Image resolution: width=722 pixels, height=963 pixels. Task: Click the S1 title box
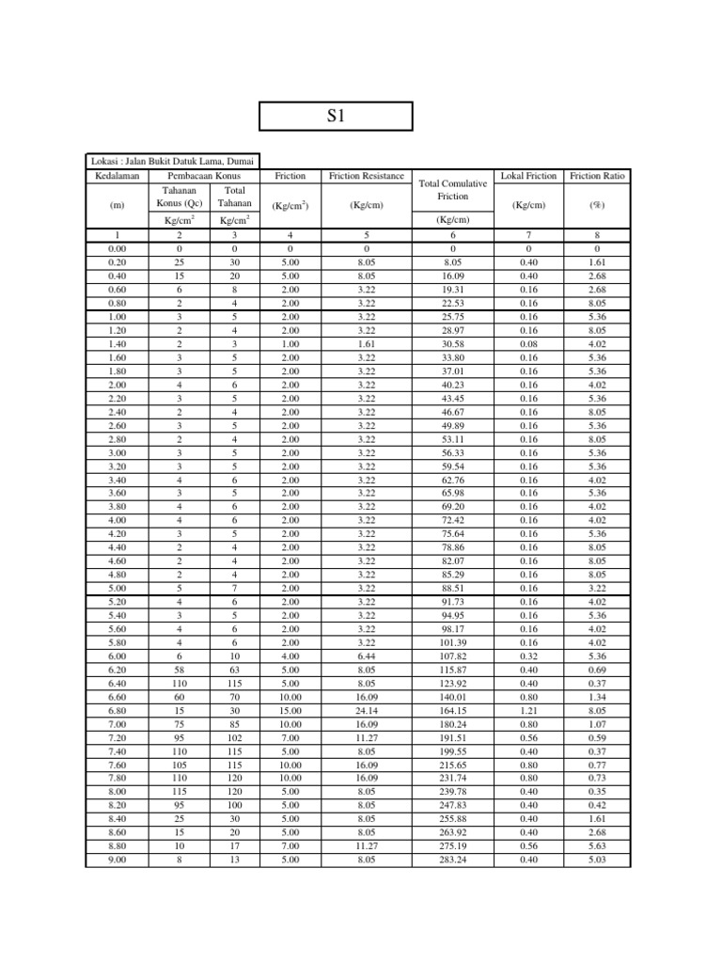pos(336,116)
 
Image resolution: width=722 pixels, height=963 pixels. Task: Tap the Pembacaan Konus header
pos(204,176)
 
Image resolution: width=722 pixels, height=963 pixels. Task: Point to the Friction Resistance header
pos(367,176)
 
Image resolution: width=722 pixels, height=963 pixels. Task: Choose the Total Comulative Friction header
pos(453,190)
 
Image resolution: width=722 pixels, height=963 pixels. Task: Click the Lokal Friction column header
pos(529,176)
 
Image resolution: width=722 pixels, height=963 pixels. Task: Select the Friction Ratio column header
pos(597,176)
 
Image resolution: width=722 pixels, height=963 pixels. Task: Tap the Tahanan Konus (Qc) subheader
pos(179,197)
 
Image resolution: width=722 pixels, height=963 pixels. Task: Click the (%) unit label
pos(597,204)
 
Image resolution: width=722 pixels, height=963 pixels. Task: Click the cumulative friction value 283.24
pos(453,859)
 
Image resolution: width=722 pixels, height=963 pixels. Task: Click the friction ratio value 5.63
pos(597,845)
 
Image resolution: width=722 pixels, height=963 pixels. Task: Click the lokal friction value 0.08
pos(529,344)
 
